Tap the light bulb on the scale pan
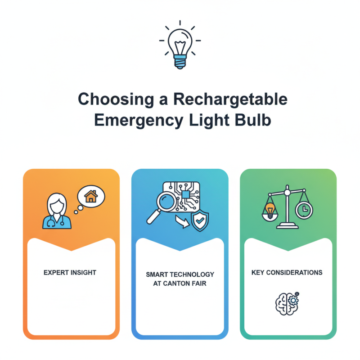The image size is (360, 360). click(270, 209)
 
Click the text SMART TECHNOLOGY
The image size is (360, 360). click(180, 274)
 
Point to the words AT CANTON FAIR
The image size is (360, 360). click(180, 283)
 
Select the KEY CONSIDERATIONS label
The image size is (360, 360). click(287, 272)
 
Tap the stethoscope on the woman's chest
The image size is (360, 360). click(51, 220)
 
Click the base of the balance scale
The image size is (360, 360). click(286, 225)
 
